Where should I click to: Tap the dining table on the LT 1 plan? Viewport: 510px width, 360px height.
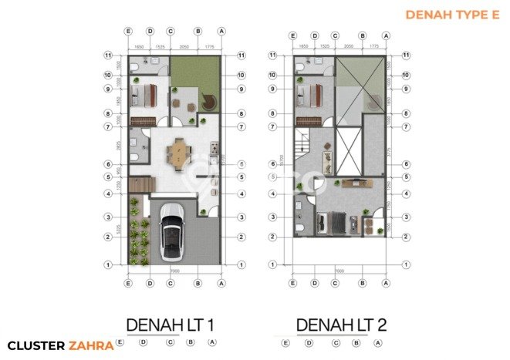point(180,153)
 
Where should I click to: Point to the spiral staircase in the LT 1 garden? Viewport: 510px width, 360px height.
point(209,102)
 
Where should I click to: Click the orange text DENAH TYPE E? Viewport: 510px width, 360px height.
point(451,14)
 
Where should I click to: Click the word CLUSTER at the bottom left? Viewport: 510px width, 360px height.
point(35,346)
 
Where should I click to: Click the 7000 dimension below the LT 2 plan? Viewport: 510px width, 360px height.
point(339,272)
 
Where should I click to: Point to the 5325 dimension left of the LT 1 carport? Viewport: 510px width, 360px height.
point(117,229)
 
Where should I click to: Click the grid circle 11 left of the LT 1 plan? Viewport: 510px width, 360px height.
point(110,56)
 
